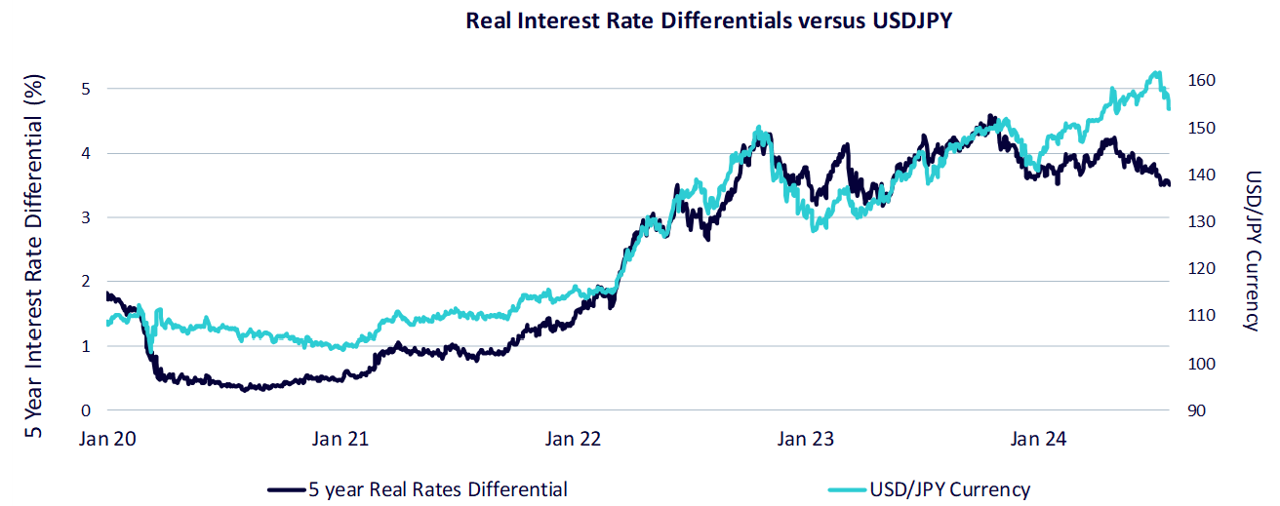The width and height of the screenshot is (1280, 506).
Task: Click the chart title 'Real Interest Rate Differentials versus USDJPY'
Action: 709,20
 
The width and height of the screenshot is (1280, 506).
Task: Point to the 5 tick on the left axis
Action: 86,89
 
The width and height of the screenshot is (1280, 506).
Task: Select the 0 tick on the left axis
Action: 86,410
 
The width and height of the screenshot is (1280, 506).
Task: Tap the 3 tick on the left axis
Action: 86,217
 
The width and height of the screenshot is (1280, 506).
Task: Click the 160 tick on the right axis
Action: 1202,80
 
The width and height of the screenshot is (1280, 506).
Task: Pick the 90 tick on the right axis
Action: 1196,410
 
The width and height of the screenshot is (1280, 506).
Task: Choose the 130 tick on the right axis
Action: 1202,221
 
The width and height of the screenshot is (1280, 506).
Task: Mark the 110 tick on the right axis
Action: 1202,315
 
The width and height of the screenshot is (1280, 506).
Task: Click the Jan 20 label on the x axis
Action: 107,439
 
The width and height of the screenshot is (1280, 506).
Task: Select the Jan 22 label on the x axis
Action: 573,439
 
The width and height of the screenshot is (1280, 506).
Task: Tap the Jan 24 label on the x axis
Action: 1038,439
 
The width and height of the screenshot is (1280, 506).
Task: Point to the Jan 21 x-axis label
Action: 340,439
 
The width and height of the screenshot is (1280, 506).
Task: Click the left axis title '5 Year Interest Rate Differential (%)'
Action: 33,255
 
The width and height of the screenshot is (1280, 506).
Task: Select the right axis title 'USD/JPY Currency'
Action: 1253,251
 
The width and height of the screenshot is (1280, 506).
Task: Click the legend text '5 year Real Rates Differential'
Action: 438,489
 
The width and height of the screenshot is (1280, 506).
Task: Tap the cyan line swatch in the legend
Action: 847,489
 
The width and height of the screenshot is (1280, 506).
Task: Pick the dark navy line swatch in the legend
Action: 286,489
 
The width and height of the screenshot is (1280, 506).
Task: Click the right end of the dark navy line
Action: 1169,183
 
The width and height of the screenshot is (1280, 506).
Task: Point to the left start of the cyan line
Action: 108,324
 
